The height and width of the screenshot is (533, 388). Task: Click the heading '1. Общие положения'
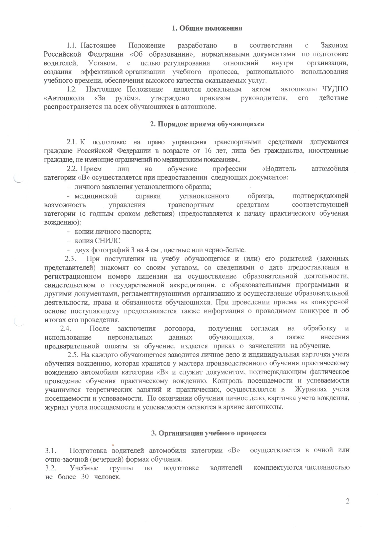[207, 28]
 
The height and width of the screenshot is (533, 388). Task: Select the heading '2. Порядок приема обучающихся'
[207, 124]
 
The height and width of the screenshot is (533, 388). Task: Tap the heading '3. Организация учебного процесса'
[208, 433]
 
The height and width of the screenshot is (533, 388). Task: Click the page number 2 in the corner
[347, 501]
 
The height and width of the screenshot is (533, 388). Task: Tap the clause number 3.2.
[51, 468]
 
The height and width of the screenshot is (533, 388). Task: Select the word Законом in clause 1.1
[334, 45]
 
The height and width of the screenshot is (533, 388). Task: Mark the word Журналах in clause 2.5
[311, 389]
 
